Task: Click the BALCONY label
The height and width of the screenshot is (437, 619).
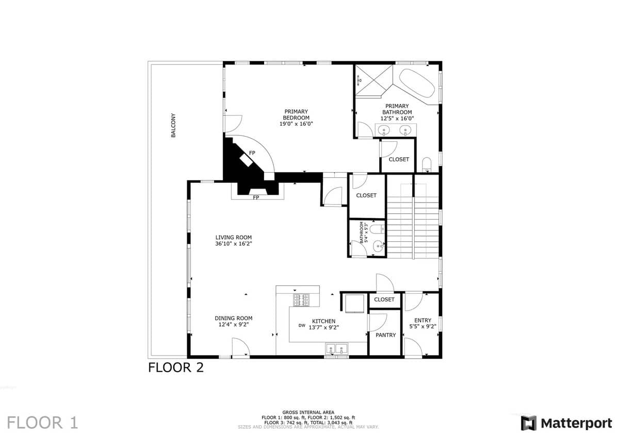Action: (x=173, y=125)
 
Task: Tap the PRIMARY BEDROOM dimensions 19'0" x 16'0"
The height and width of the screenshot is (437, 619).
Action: (x=296, y=124)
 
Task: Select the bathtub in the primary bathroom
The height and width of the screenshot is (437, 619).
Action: (x=417, y=83)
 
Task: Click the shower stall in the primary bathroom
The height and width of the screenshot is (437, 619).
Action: (x=373, y=81)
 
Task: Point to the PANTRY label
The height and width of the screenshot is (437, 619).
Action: (x=385, y=335)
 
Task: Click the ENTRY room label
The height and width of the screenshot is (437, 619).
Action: (x=422, y=321)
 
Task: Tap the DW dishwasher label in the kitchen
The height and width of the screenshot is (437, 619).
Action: (x=302, y=326)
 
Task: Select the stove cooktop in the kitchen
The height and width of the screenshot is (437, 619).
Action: (x=301, y=300)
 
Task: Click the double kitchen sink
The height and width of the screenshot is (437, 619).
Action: (x=336, y=349)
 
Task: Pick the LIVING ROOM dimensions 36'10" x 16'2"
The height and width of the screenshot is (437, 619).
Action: (x=234, y=244)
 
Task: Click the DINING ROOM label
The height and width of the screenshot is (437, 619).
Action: (x=234, y=318)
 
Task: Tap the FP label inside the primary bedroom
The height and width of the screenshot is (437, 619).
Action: (x=252, y=153)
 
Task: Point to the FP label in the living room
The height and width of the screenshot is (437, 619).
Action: (x=256, y=198)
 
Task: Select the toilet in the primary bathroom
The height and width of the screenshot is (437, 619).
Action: (x=427, y=164)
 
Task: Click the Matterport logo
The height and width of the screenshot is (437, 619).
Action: (x=566, y=423)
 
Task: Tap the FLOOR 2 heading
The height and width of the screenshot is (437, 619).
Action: (x=176, y=368)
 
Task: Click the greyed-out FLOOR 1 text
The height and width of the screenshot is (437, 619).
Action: (x=42, y=423)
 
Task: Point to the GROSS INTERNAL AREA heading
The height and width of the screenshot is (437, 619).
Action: (x=308, y=412)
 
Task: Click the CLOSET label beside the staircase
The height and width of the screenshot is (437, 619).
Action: (x=366, y=195)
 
